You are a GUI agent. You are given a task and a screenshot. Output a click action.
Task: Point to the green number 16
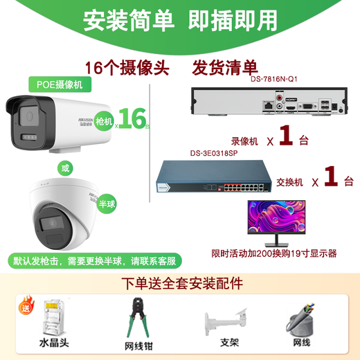pyautogui.click(x=134, y=118)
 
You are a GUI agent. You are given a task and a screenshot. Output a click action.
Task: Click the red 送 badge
pyautogui.click(x=26, y=303)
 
